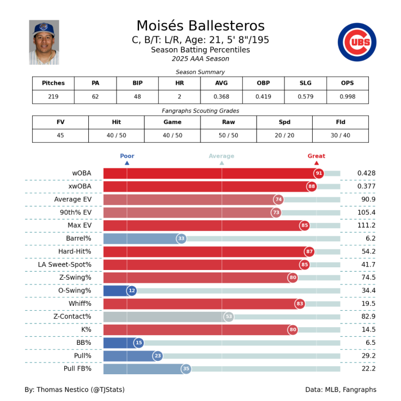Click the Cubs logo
pos(357,42)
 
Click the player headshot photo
pos(44,42)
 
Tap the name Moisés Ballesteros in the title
pos(200,26)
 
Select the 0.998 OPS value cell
pos(347,97)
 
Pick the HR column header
pos(179,83)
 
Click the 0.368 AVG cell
pos(221,97)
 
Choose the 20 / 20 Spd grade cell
pos(284,135)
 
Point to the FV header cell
pos(60,122)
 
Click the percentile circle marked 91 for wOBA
pos(319,173)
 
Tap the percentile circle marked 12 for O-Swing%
pos(132,291)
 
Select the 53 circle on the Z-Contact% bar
pos(229,317)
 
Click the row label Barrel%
pos(80,238)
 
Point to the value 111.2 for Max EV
pos(366,226)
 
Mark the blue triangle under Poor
pos(127,163)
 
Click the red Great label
pos(316,156)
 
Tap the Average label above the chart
pos(221,156)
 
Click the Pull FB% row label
pos(78,369)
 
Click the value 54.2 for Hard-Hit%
pos(366,251)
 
